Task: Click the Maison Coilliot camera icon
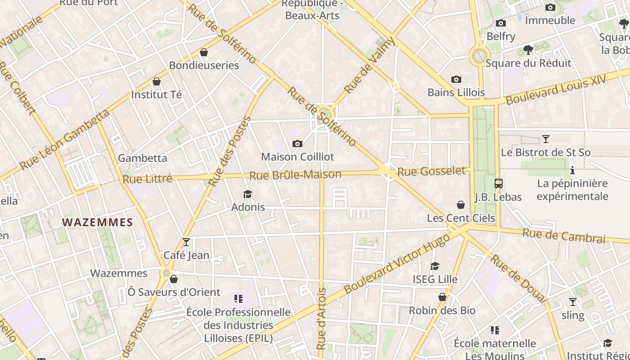click(x=297, y=144)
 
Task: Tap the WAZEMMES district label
click(x=98, y=222)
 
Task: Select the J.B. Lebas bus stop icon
click(x=498, y=184)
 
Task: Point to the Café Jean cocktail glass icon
click(x=186, y=242)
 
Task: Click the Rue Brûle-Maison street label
click(x=295, y=175)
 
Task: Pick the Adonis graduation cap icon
click(x=247, y=194)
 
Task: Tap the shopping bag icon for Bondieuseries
click(x=204, y=52)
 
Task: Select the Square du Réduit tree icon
click(x=528, y=50)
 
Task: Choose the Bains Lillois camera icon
click(x=456, y=80)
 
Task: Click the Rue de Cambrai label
click(x=564, y=236)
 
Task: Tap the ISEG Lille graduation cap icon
click(x=435, y=266)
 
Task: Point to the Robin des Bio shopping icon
click(x=442, y=297)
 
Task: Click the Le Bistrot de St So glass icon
click(x=545, y=139)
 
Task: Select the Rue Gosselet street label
click(x=431, y=171)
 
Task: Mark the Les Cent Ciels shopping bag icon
click(x=461, y=205)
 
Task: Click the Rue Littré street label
click(x=148, y=179)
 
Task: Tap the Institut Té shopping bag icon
click(x=157, y=81)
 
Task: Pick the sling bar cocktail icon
click(x=572, y=302)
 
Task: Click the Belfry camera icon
click(x=500, y=23)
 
